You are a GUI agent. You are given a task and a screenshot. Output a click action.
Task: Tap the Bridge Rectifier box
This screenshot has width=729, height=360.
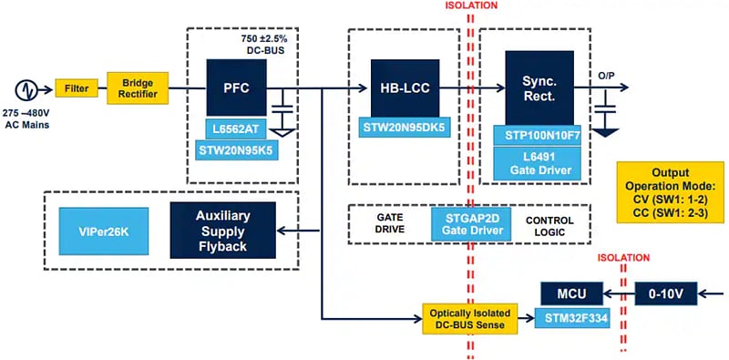[138, 89]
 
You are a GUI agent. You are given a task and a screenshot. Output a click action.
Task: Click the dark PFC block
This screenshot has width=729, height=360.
[234, 89]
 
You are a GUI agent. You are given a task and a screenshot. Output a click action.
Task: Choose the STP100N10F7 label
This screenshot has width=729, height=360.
[539, 135]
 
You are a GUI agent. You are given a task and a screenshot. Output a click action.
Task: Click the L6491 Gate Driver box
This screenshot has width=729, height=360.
[539, 163]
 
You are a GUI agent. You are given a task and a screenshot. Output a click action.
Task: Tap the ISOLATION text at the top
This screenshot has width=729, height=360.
[470, 5]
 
